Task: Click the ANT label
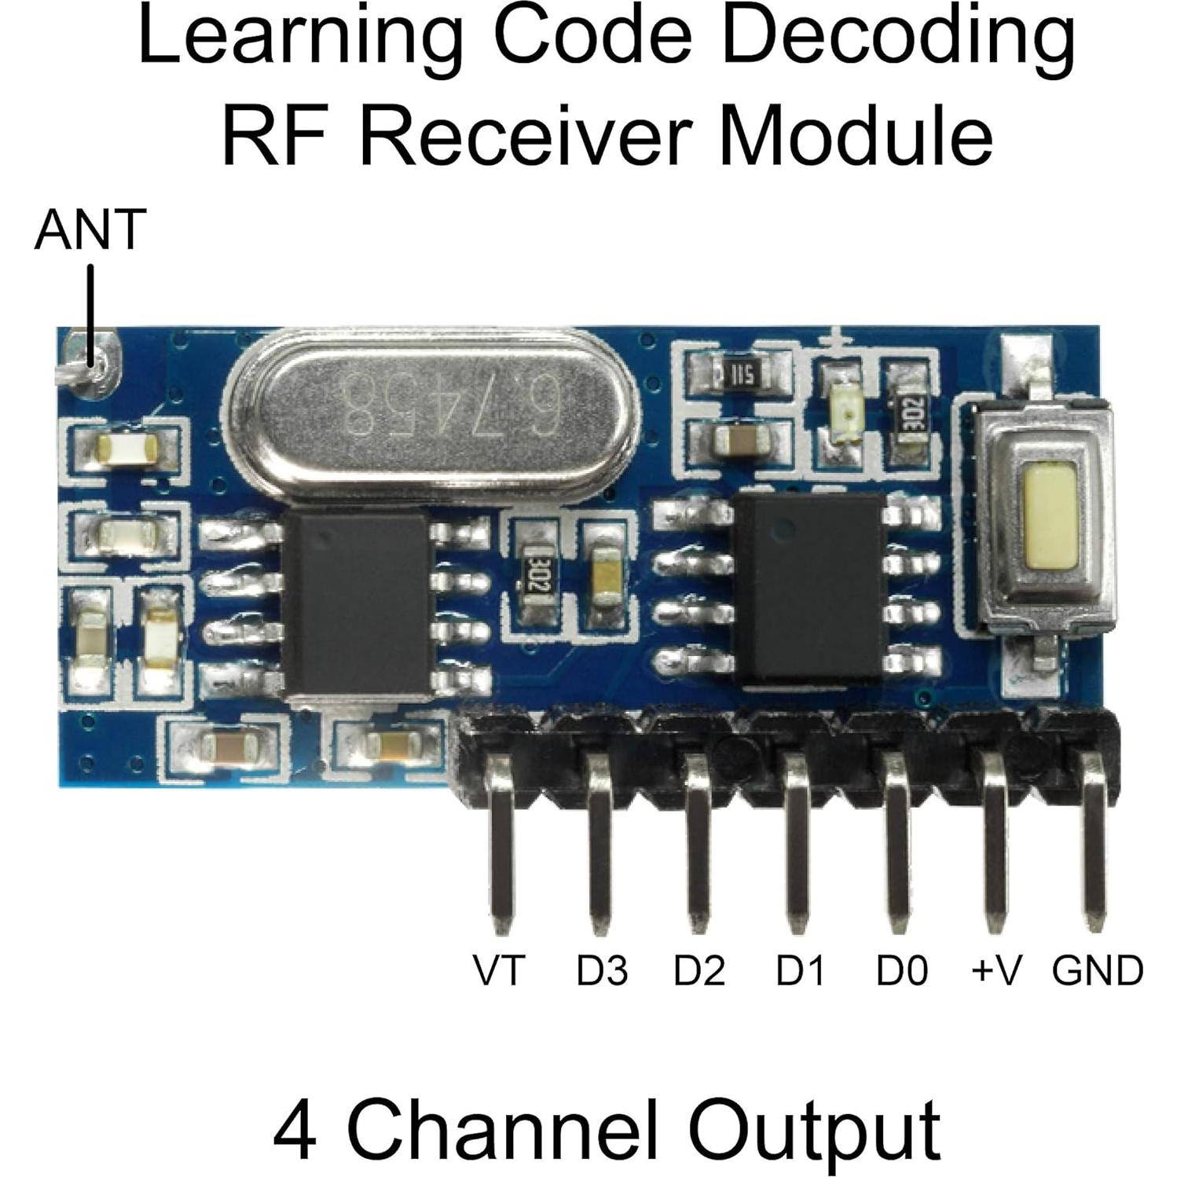[90, 229]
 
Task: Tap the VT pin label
[498, 970]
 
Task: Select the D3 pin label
[602, 970]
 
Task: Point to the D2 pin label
[699, 970]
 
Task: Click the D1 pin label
[801, 970]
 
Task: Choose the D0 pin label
[902, 970]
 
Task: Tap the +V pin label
[996, 970]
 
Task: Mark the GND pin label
[1098, 970]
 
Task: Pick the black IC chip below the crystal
[356, 601]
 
